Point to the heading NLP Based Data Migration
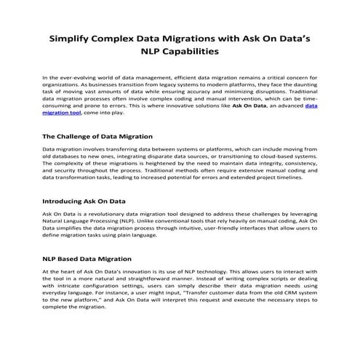[x=87, y=258]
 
